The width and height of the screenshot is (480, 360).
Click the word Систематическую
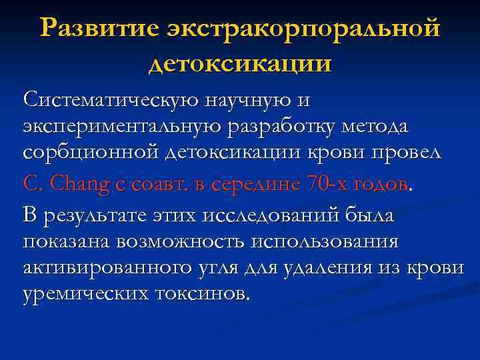click(111, 100)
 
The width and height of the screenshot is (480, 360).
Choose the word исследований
click(271, 215)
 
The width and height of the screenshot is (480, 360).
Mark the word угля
click(236, 268)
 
